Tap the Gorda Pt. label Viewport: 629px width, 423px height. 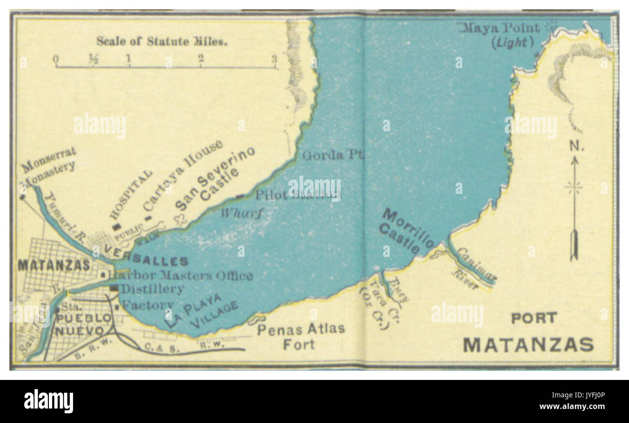(333, 155)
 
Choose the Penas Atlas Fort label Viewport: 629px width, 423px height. (300, 336)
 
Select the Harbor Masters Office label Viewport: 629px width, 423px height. (180, 276)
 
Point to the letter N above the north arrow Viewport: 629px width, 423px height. (575, 146)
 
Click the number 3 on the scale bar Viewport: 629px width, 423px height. (274, 59)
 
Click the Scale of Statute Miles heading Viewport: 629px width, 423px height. (162, 41)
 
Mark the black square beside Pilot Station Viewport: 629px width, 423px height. (240, 196)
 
